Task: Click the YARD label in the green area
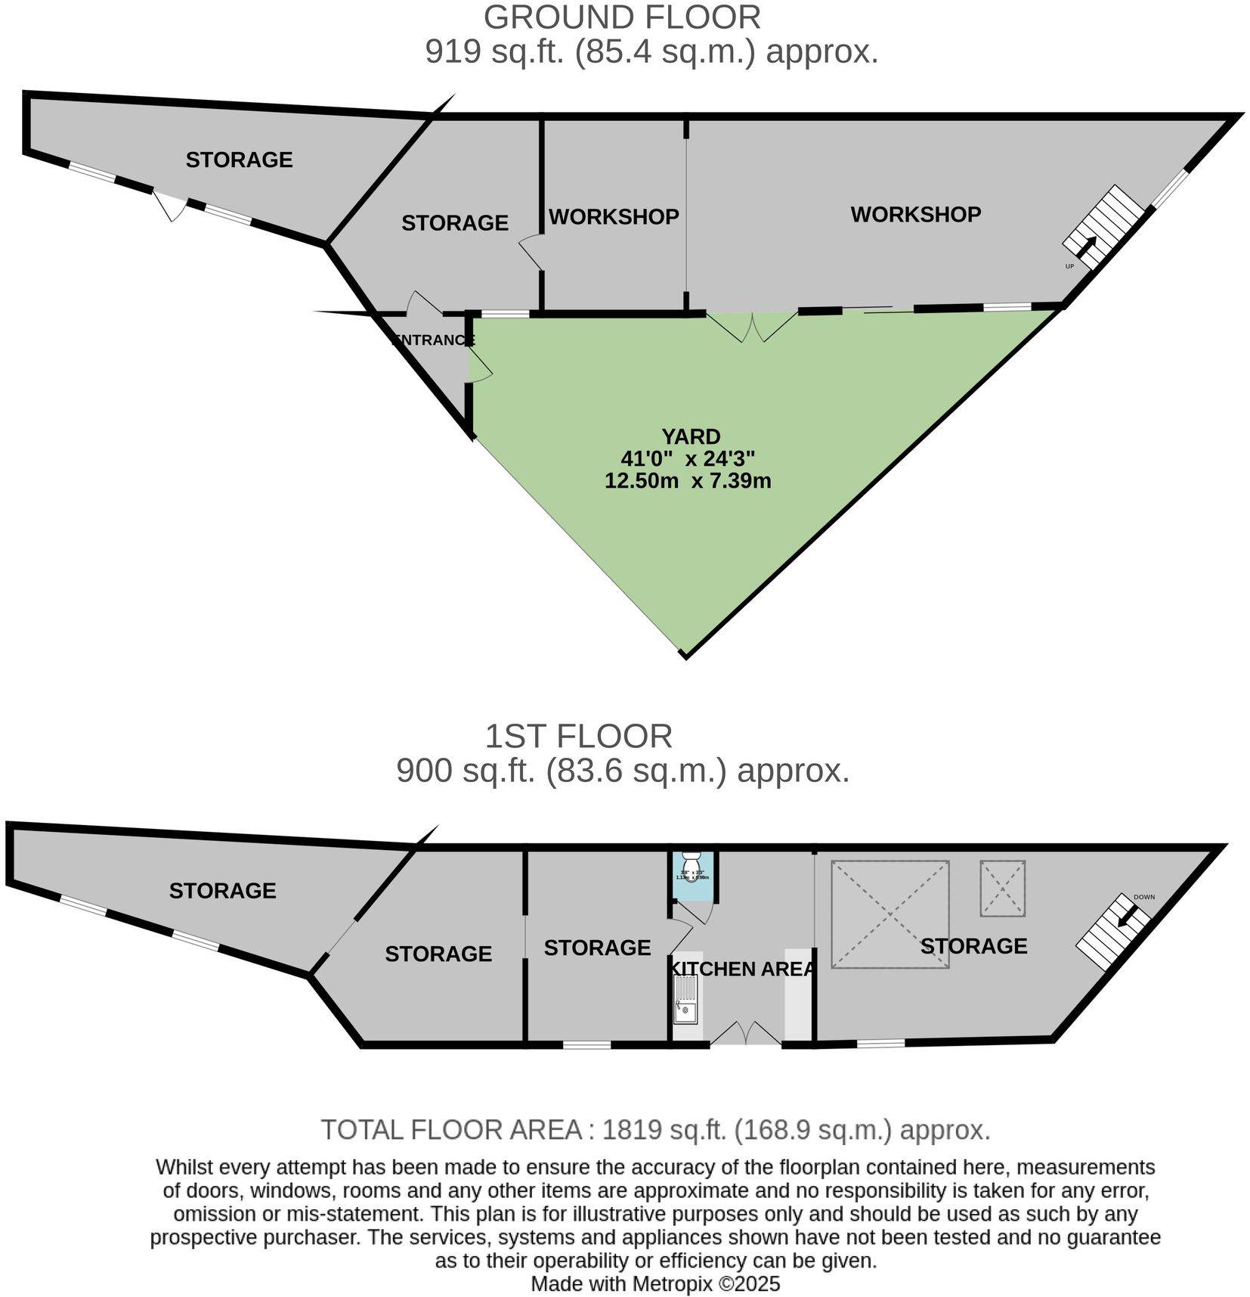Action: [690, 436]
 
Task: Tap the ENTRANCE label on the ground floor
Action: [433, 340]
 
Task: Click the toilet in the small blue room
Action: [692, 864]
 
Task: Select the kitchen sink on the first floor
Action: [686, 1000]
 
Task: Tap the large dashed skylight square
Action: [890, 914]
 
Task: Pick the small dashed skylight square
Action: [1002, 889]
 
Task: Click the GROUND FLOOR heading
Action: [622, 17]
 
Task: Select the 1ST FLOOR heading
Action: [578, 736]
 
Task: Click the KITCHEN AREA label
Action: [743, 969]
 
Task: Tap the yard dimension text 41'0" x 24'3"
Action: [688, 458]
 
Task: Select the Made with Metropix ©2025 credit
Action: [654, 1284]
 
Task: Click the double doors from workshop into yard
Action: [752, 326]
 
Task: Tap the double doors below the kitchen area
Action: [745, 1034]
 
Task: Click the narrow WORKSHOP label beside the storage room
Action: [613, 217]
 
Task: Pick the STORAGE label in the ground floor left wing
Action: [239, 160]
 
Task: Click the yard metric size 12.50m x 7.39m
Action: [688, 480]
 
